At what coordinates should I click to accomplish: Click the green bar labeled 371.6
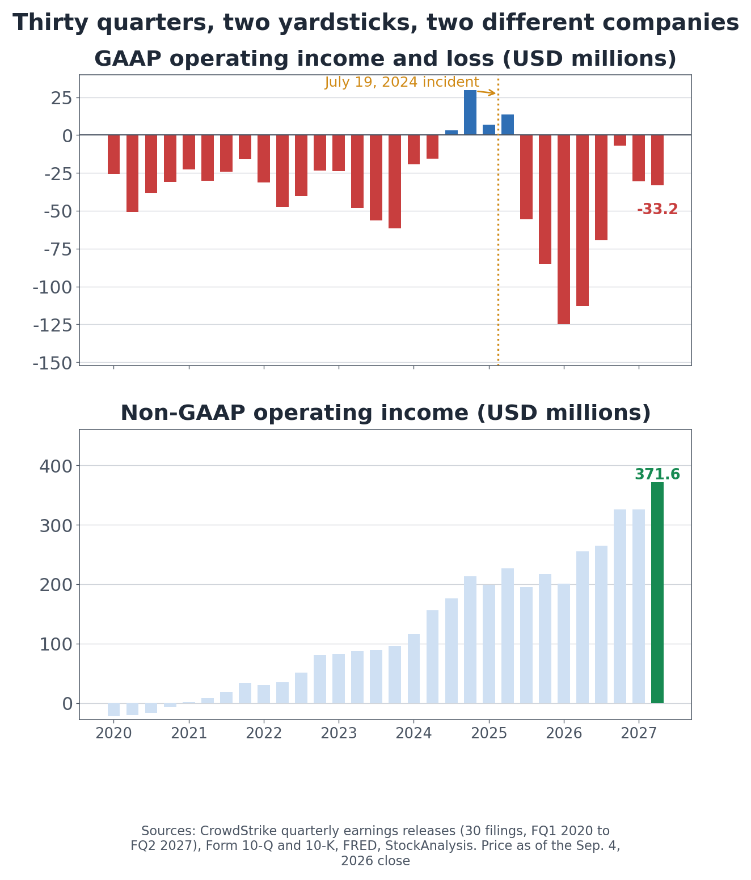tap(657, 593)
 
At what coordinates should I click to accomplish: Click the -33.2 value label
tap(657, 210)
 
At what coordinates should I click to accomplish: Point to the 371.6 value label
tap(657, 474)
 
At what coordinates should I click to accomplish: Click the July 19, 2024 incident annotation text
tap(402, 82)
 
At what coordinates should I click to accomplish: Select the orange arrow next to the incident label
tap(486, 92)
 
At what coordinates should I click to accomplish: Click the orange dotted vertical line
tap(498, 220)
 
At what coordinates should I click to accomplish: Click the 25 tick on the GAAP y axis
tap(62, 99)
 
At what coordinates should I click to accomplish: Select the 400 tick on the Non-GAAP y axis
tap(56, 466)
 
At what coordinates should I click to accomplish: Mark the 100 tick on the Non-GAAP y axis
tap(56, 645)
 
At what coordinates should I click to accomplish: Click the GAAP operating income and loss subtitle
tap(385, 58)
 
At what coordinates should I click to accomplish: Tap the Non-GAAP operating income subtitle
tap(385, 413)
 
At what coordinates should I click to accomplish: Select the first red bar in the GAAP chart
tap(113, 154)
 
